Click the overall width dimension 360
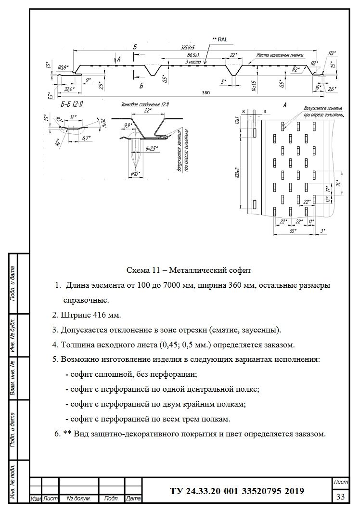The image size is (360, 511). [x=193, y=92]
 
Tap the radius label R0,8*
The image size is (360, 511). [x=63, y=67]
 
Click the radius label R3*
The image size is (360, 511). [x=332, y=52]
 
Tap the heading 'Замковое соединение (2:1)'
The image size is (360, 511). [x=144, y=104]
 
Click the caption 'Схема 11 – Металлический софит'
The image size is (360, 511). [x=188, y=270]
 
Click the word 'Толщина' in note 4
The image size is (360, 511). [x=76, y=345]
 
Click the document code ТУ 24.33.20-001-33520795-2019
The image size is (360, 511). [x=237, y=491]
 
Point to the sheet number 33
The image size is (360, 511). [x=341, y=496]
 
